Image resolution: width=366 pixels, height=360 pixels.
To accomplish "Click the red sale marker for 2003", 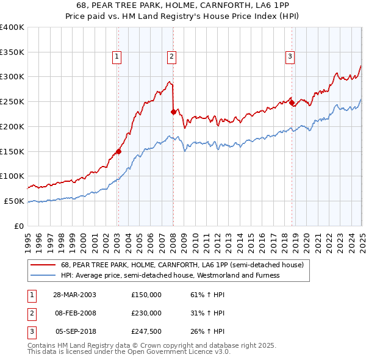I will point(119,152).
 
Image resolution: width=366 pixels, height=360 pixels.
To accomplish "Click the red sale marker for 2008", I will point(173,112).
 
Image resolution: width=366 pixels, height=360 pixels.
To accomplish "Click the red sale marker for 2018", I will point(292,103).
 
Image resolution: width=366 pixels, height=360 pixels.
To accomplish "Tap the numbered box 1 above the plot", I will point(116,57).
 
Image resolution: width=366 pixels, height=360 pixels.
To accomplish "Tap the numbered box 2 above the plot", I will point(172,57).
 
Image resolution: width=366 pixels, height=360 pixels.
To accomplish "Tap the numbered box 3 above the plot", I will point(290,57).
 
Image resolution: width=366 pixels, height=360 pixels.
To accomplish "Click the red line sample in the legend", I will point(43,265).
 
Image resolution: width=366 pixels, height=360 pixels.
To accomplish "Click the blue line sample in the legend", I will point(43,275).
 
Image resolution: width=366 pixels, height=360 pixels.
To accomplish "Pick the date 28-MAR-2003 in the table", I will point(74,295).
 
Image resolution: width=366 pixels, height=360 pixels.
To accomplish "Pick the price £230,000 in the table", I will point(146,313).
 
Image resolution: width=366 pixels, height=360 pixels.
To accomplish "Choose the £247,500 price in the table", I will point(146,331).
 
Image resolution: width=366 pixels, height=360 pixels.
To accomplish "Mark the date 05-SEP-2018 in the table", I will point(74,331).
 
